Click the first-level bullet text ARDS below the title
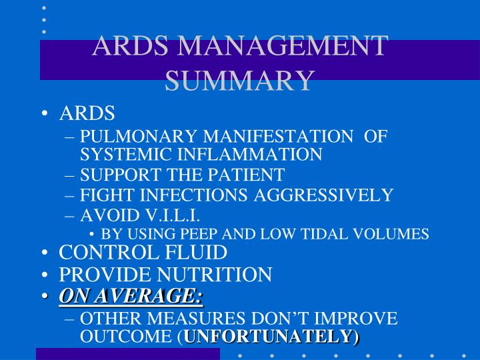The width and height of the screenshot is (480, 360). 87,113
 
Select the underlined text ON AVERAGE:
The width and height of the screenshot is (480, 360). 131,295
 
